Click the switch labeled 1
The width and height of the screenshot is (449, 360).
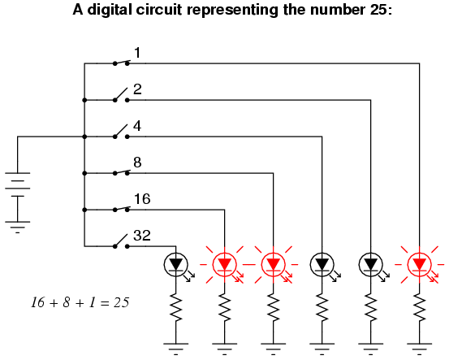tap(121, 63)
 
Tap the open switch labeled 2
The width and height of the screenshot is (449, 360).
tap(121, 95)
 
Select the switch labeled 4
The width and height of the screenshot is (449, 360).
tap(121, 132)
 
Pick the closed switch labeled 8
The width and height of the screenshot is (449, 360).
tap(121, 172)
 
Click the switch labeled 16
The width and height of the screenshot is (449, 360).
tap(121, 209)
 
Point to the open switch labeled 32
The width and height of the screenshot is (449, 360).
tap(121, 241)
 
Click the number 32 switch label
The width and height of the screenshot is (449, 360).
tap(142, 236)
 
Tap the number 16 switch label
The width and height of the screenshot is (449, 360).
tap(142, 199)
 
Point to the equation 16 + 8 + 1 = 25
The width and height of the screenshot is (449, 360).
tap(80, 302)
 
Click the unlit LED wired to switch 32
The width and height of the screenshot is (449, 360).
tap(176, 265)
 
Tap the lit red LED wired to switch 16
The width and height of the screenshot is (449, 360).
tap(224, 265)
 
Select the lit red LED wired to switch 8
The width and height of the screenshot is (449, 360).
tap(273, 265)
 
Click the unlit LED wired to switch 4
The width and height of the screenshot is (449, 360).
tap(322, 265)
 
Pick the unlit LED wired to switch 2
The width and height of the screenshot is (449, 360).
tap(370, 265)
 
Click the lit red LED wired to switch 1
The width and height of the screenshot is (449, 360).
tap(420, 265)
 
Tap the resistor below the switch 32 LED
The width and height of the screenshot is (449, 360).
tap(176, 307)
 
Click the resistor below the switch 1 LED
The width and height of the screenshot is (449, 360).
tap(420, 307)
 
